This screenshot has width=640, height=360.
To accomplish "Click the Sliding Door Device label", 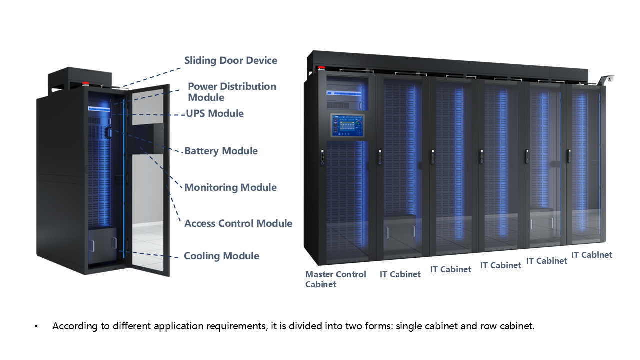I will (x=230, y=61).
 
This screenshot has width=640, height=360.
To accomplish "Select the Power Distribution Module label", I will (x=232, y=92).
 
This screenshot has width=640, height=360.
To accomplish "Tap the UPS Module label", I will (x=215, y=113).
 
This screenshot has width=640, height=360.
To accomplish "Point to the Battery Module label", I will (x=221, y=151).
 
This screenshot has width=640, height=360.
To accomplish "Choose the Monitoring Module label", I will (x=230, y=187).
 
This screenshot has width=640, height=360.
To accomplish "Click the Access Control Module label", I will (x=238, y=223).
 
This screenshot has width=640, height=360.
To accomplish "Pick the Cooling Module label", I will (x=221, y=256).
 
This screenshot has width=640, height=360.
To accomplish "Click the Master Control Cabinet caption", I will (x=335, y=279).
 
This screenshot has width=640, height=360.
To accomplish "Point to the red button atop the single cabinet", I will (x=86, y=83).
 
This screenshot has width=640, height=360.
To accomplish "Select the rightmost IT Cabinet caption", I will (x=591, y=255).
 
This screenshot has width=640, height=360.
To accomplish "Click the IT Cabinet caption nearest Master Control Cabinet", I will (x=400, y=274).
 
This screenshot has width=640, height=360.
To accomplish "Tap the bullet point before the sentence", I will (x=36, y=327).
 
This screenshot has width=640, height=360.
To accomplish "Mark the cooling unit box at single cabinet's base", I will (x=102, y=244).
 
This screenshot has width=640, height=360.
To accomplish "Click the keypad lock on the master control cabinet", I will (x=323, y=156).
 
